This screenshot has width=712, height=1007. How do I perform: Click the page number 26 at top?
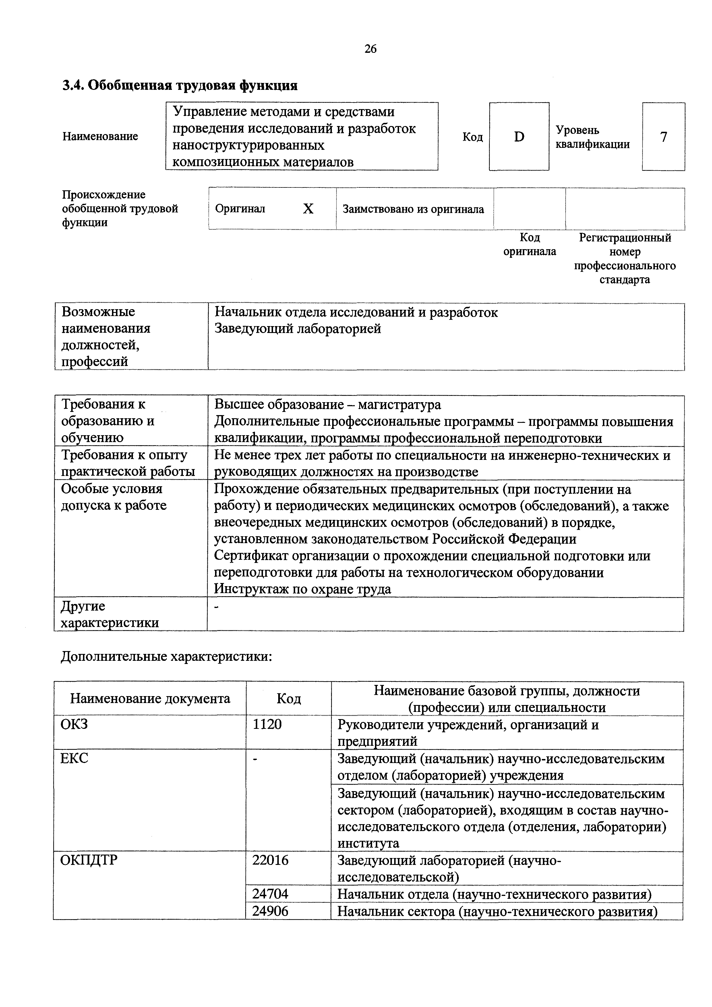pyautogui.click(x=370, y=49)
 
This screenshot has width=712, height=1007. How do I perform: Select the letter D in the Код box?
pyautogui.click(x=519, y=137)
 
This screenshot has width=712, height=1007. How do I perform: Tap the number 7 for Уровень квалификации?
pyautogui.click(x=663, y=137)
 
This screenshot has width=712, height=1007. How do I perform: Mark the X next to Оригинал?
pyautogui.click(x=308, y=209)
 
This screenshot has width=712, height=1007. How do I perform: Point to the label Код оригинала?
pyautogui.click(x=529, y=244)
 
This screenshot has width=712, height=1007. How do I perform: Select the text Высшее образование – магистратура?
pyautogui.click(x=327, y=404)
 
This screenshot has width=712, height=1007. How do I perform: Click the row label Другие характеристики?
pyautogui.click(x=110, y=614)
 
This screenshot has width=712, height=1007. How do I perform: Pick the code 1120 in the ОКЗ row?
pyautogui.click(x=267, y=724)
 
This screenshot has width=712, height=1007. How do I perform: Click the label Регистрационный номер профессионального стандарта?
pyautogui.click(x=625, y=258)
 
